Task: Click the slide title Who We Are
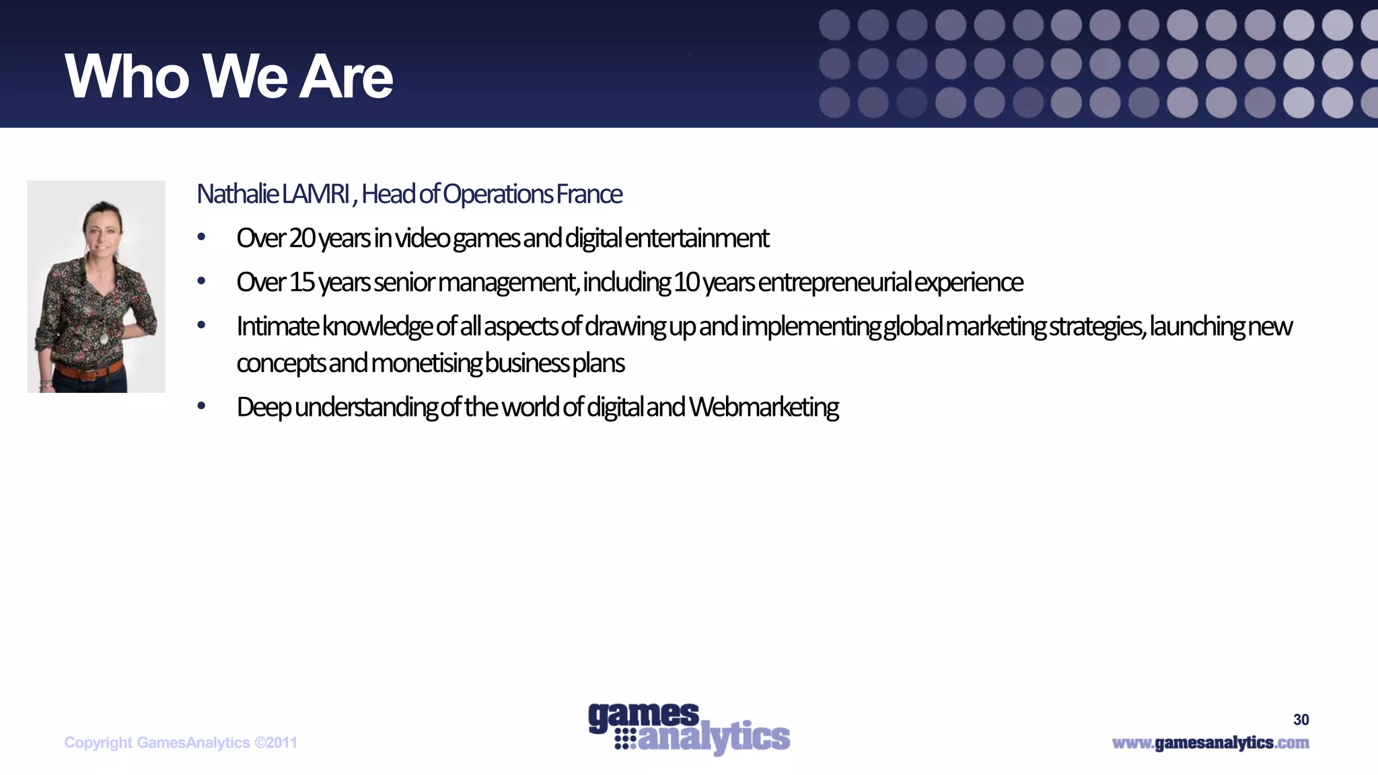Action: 229,77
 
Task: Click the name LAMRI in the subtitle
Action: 316,194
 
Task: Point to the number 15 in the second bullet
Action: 302,283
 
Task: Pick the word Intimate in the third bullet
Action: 278,327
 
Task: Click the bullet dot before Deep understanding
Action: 201,406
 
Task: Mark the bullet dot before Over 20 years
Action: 201,237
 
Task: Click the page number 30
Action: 1301,720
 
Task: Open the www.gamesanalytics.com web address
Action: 1210,743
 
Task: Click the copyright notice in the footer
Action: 180,743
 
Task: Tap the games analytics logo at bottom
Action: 688,730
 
